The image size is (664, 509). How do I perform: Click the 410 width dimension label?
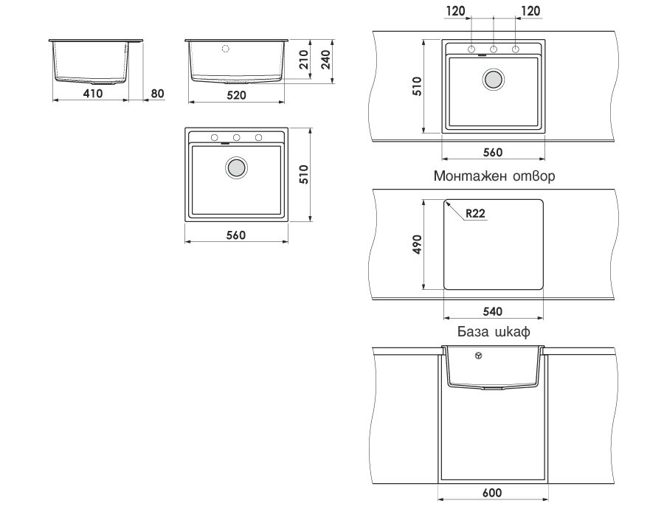[x=93, y=93]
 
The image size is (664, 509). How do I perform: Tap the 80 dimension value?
[x=157, y=93]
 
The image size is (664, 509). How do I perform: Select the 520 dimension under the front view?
[x=236, y=95]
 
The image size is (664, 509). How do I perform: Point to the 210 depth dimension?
[x=303, y=60]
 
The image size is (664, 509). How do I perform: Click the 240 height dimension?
[x=325, y=60]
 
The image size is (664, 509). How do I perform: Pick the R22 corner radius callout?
[x=475, y=213]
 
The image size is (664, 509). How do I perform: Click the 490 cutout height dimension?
[x=417, y=244]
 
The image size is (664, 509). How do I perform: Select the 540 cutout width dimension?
[x=493, y=311]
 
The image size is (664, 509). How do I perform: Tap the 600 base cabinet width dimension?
[x=492, y=493]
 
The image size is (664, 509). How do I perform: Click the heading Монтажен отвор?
[x=494, y=176]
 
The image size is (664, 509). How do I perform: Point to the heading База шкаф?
[x=494, y=331]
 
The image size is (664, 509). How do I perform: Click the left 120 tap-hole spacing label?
[x=456, y=11]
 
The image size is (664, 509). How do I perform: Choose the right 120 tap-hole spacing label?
[x=530, y=11]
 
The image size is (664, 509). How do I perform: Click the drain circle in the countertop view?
[x=494, y=79]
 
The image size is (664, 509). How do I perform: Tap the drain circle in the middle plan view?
[x=236, y=167]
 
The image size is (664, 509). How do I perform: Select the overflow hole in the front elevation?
[x=226, y=49]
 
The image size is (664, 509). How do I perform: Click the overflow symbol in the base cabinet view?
[x=479, y=356]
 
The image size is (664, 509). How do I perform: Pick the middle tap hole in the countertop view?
[x=494, y=49]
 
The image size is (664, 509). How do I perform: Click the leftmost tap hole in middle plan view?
[x=215, y=138]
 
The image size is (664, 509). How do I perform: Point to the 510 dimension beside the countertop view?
[x=417, y=86]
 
